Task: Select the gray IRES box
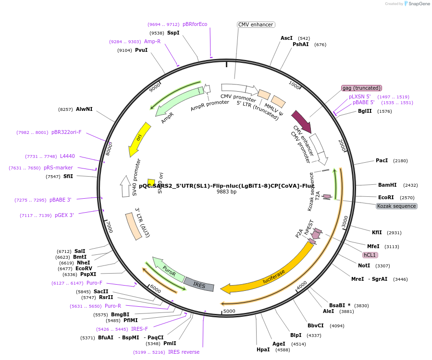click(x=199, y=284)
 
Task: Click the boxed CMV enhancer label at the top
click(x=256, y=24)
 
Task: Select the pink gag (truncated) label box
click(x=361, y=88)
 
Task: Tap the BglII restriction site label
click(x=365, y=111)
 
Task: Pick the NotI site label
click(x=364, y=265)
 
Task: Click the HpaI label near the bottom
click(x=263, y=350)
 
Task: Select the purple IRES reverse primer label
click(x=184, y=352)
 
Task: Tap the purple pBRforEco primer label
click(x=195, y=24)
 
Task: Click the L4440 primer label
click(x=67, y=156)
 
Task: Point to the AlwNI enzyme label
click(x=84, y=109)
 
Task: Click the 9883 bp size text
click(x=226, y=192)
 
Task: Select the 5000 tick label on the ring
click(x=229, y=311)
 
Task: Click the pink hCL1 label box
click(x=370, y=255)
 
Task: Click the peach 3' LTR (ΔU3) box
click(x=137, y=227)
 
